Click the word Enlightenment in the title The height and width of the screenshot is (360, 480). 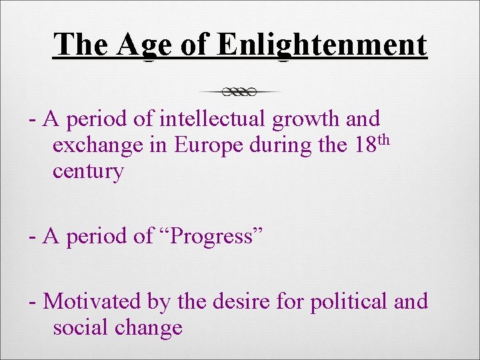(x=321, y=45)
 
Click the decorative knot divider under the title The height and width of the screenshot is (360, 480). (x=240, y=91)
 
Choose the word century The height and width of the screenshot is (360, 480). (x=88, y=171)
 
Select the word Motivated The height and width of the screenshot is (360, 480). (x=93, y=301)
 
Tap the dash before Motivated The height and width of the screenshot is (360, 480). (x=32, y=303)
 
